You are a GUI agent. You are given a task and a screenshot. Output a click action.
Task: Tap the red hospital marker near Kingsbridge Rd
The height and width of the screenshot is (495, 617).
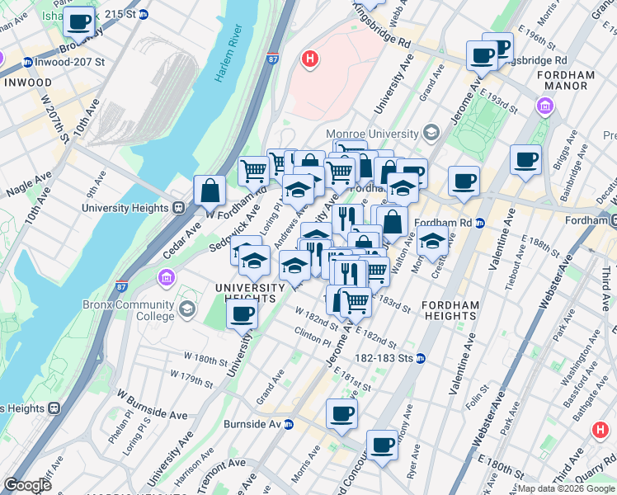(310, 59)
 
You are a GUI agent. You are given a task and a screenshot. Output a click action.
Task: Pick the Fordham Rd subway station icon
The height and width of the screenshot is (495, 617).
(479, 223)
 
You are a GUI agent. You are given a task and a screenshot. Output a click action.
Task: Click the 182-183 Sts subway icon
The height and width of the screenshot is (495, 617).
(420, 358)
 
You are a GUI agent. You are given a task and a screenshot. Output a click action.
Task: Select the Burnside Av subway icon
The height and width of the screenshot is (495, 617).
(289, 424)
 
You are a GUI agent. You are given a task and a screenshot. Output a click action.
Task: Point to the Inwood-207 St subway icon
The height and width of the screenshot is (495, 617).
(27, 62)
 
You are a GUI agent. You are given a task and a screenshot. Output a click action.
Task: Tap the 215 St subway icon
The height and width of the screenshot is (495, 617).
(144, 14)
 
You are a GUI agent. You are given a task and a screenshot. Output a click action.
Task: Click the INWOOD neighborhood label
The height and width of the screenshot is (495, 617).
(27, 83)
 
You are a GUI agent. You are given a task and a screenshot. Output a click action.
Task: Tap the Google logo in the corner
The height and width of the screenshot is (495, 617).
(27, 485)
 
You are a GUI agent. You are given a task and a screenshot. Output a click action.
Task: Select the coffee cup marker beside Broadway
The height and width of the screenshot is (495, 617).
(79, 24)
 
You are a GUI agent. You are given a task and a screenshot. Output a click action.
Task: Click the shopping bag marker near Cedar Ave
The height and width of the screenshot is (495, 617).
(210, 191)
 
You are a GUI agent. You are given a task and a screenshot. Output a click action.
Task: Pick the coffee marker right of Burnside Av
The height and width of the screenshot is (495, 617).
(341, 414)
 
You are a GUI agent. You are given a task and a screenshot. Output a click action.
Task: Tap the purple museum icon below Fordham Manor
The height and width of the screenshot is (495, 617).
(544, 106)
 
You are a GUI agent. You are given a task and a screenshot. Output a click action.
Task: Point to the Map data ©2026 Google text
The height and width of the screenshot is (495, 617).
(566, 488)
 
